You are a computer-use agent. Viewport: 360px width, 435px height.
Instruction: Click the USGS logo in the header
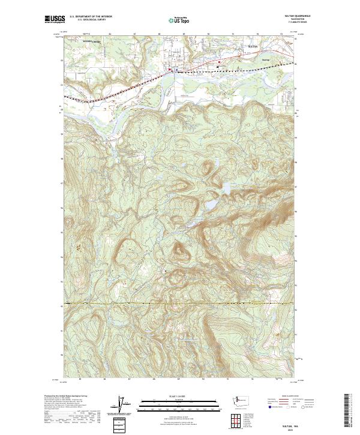pos(55,19)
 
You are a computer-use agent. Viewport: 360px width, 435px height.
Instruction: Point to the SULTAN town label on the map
pos(253,46)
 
